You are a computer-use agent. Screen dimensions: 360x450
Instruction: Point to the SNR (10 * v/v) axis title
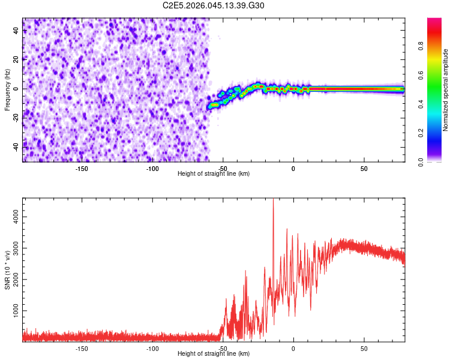[x=7, y=270]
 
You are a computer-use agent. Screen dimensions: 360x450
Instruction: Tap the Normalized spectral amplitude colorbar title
[x=446, y=90]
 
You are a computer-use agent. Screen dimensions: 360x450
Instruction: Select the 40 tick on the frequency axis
[x=17, y=31]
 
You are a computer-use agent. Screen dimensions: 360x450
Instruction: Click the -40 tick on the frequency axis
[x=16, y=146]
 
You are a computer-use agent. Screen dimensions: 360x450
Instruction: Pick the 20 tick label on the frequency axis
[x=17, y=59]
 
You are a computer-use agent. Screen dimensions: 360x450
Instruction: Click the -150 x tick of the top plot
[x=82, y=169]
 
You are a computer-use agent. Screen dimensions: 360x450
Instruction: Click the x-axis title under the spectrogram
[x=214, y=174]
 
